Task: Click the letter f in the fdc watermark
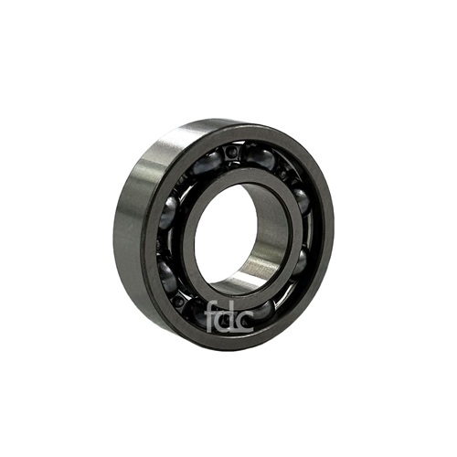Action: pyautogui.click(x=211, y=317)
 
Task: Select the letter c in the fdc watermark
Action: pyautogui.click(x=245, y=323)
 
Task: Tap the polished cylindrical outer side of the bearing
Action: pyautogui.click(x=135, y=213)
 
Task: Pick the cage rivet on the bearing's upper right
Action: pyautogui.click(x=285, y=173)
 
